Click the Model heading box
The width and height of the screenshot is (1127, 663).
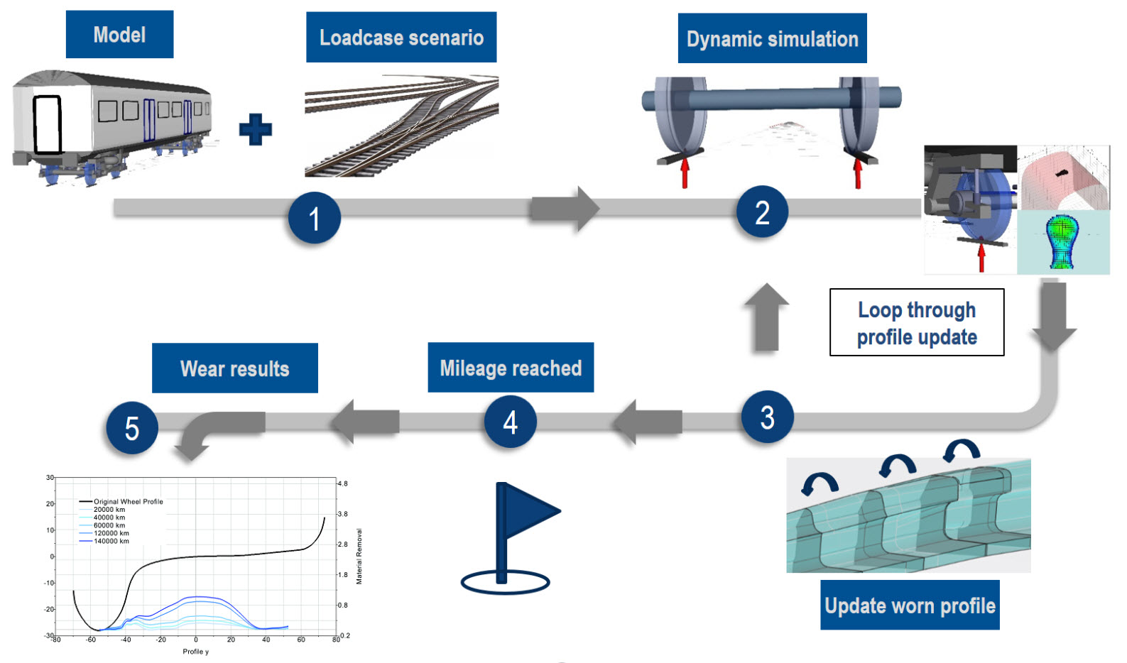pos(119,34)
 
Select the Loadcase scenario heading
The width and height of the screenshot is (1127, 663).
pos(401,37)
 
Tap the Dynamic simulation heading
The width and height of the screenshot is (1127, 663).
pos(772,38)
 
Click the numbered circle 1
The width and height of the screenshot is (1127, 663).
pos(314,218)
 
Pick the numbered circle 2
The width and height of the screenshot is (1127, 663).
pos(762,212)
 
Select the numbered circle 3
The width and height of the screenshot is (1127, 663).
pos(767,417)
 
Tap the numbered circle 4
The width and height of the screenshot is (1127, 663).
pos(510,422)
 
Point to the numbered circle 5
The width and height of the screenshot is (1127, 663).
pos(132,428)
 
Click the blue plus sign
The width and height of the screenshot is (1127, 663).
pos(256,129)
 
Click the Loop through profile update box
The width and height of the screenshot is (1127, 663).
pos(917,322)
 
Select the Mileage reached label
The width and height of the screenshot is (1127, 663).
pos(511,368)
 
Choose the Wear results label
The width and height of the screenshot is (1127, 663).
pos(235,368)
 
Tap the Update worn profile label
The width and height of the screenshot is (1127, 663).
pos(910,605)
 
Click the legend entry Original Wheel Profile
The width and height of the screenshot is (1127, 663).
pos(128,501)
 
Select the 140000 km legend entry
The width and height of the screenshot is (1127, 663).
pos(111,541)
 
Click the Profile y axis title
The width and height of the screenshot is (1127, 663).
pos(195,651)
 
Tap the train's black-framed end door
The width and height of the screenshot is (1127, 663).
pos(48,124)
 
